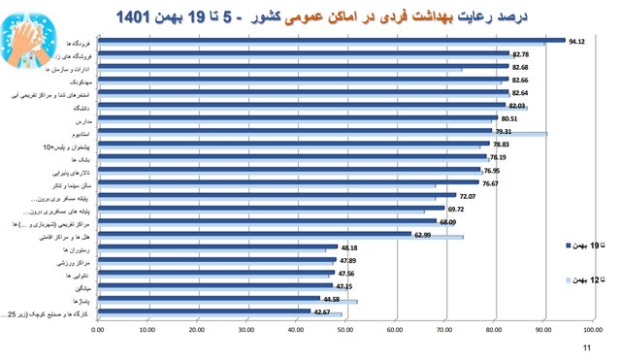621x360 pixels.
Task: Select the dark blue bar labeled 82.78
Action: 301,53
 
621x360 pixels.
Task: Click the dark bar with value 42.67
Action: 204,311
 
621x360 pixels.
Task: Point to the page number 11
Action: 586,346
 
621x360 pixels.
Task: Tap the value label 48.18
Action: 350,247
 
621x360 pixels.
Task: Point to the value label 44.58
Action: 333,299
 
